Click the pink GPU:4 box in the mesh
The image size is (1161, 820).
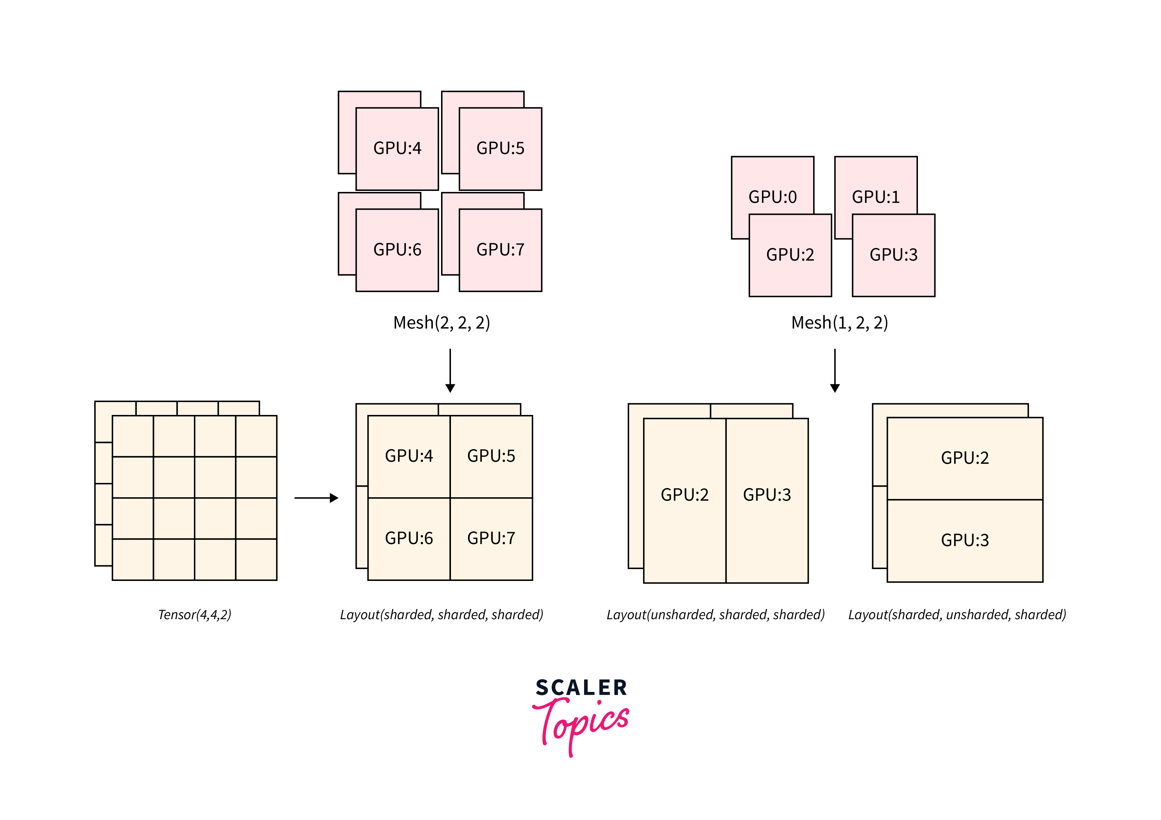(x=397, y=149)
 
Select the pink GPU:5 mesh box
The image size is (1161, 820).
(x=500, y=149)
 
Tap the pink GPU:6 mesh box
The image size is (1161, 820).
(x=397, y=250)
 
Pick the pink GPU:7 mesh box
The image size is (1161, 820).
(x=500, y=250)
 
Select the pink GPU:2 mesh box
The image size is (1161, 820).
(x=790, y=255)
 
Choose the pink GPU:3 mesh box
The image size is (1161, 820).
(x=893, y=255)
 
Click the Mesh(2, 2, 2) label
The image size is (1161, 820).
(x=441, y=323)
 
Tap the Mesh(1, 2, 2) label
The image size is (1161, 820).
(x=839, y=323)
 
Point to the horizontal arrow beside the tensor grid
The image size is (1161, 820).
(x=316, y=498)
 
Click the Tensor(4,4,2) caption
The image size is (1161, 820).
(x=195, y=615)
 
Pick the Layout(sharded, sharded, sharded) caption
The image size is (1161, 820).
(x=441, y=615)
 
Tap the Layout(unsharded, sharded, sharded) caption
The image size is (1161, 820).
(x=716, y=615)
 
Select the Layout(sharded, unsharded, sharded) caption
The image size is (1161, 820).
(x=957, y=615)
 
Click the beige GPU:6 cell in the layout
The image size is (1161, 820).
(x=409, y=539)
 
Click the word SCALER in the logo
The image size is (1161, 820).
(x=581, y=688)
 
